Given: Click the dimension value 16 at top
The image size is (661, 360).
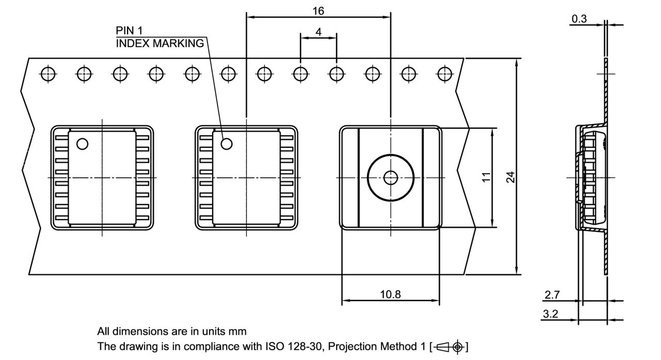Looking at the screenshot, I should point(318,10).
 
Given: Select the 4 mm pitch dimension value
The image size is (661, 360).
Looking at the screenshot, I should point(318,32).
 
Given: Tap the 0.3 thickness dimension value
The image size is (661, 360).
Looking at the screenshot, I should point(579,19).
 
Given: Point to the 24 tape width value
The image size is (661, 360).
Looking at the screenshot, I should point(510,177).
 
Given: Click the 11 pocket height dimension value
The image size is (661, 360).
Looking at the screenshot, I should point(485,177).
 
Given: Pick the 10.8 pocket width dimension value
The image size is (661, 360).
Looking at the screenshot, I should point(390,294).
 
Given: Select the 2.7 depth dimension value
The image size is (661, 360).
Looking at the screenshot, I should point(552,295).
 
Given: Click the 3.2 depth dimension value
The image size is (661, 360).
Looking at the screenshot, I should point(552,314).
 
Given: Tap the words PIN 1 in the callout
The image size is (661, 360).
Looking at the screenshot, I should point(130,31).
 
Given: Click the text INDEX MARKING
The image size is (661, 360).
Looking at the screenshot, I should point(160,43).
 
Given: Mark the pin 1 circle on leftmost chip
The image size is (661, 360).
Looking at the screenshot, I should point(82,144).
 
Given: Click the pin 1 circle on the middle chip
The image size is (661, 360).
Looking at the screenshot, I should point(227,144).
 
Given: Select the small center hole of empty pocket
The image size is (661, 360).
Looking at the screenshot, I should point(390,178).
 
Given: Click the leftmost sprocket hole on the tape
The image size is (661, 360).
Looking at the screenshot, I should point(48,74).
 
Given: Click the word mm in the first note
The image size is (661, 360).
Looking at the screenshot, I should point(239,331).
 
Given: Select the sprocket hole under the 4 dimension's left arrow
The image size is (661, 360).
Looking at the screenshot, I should point(300,74).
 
